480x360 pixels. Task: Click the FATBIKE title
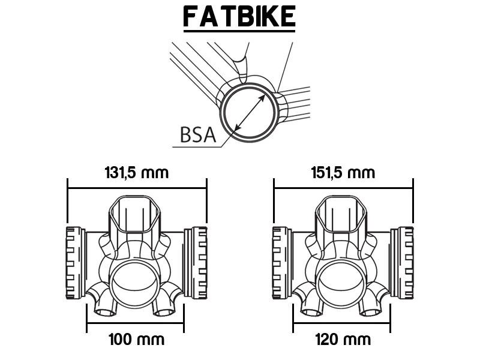pyautogui.click(x=239, y=16)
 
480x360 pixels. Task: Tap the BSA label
pyautogui.click(x=198, y=135)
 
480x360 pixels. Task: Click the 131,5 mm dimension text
pyautogui.click(x=137, y=173)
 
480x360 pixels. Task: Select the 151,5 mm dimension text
pyautogui.click(x=343, y=173)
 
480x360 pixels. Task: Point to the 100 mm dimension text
pyautogui.click(x=137, y=340)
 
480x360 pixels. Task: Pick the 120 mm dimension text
pyautogui.click(x=343, y=340)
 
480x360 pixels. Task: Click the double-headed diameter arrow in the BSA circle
pyautogui.click(x=250, y=113)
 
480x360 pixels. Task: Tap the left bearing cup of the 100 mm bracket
pyautogui.click(x=76, y=263)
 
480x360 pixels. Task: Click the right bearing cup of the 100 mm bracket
pyautogui.click(x=196, y=263)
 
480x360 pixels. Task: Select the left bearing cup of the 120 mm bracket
pyautogui.click(x=282, y=263)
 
